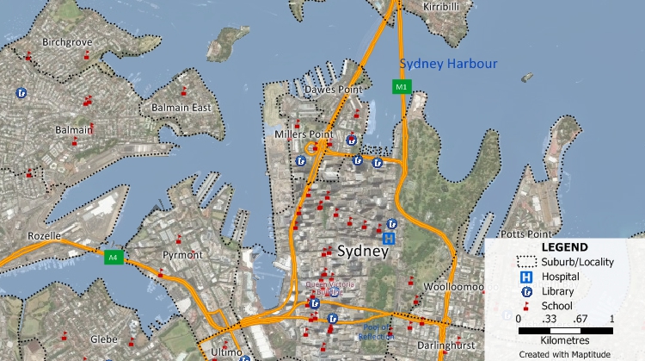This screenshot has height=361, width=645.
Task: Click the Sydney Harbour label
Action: pyautogui.click(x=445, y=64)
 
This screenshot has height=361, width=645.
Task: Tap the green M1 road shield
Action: pyautogui.click(x=401, y=86)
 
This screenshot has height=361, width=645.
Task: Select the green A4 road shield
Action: pyautogui.click(x=112, y=256)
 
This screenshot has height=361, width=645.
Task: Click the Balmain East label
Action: pyautogui.click(x=181, y=108)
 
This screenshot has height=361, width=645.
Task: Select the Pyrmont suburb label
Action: pyautogui.click(x=183, y=255)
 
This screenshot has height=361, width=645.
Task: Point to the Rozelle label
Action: pyautogui.click(x=44, y=235)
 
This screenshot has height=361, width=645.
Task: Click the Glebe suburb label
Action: pyautogui.click(x=103, y=339)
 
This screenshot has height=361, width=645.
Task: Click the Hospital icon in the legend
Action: pyautogui.click(x=524, y=277)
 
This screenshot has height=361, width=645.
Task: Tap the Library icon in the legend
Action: pyautogui.click(x=524, y=291)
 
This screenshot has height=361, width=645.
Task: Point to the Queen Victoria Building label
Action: pyautogui.click(x=323, y=288)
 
